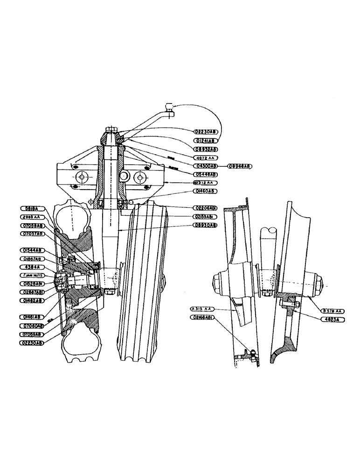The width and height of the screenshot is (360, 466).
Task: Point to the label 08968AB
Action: [x=240, y=166]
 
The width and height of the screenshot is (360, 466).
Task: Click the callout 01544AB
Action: [x=32, y=250]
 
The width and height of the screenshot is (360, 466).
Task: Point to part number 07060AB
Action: [x=32, y=326]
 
